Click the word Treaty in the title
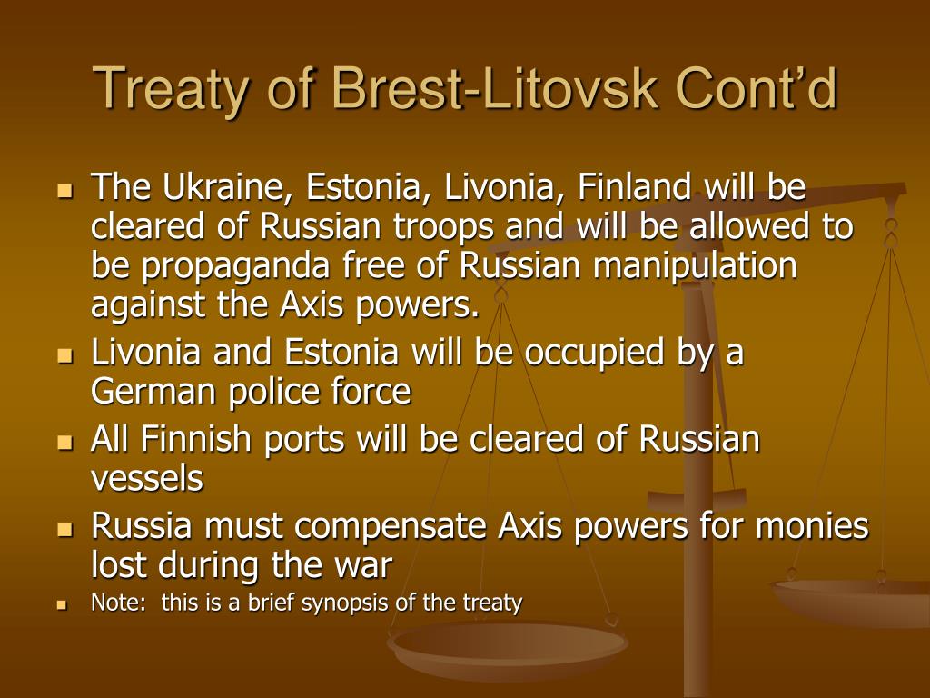tap(169, 90)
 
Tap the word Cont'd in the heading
tap(757, 88)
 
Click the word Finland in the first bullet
tap(634, 186)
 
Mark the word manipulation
tap(695, 267)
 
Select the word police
tap(275, 393)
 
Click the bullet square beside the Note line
tap(62, 605)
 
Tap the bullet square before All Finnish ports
tap(64, 443)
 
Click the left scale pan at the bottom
tap(507, 647)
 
